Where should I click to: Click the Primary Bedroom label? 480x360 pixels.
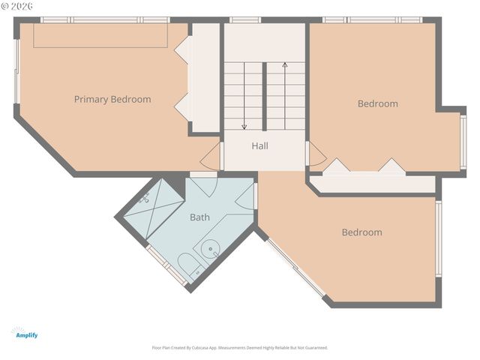[x=112, y=99]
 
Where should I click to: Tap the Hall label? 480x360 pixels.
[x=259, y=145]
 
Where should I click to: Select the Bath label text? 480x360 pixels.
[x=199, y=217]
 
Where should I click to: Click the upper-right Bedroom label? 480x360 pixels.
[x=377, y=103]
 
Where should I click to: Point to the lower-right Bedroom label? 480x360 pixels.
[x=361, y=232]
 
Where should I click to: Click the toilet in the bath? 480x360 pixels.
[x=189, y=265]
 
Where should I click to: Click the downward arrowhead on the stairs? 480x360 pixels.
[x=244, y=126]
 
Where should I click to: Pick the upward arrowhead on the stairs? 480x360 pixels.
[x=285, y=65]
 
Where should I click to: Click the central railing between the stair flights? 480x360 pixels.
[x=265, y=97]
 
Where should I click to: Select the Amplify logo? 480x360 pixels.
[x=25, y=333]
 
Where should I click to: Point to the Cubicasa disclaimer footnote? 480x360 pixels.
[x=240, y=348]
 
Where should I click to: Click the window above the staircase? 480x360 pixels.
[x=245, y=19]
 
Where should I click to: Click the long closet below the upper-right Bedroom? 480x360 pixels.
[x=373, y=184]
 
